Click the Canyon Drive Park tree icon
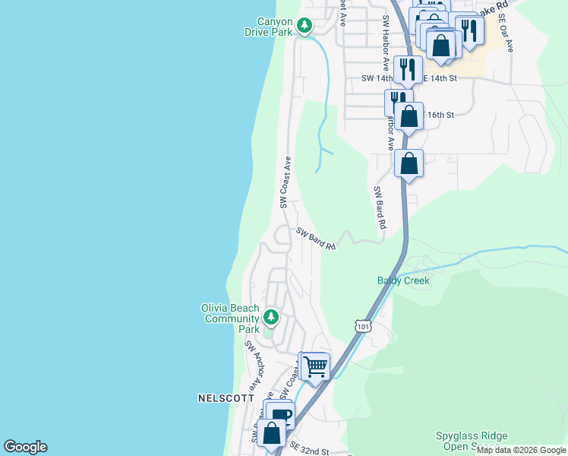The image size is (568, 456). [304, 26]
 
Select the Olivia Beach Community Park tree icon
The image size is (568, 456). [270, 316]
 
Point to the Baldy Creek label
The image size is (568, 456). [403, 280]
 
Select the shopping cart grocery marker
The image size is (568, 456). [314, 366]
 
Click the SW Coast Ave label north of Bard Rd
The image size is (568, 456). [286, 182]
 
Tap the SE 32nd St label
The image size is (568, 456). [308, 451]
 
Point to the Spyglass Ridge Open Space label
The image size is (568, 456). [471, 442]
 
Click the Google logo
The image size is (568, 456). [25, 447]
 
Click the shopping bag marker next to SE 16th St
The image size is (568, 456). [409, 116]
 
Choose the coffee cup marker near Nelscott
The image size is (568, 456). [281, 416]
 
